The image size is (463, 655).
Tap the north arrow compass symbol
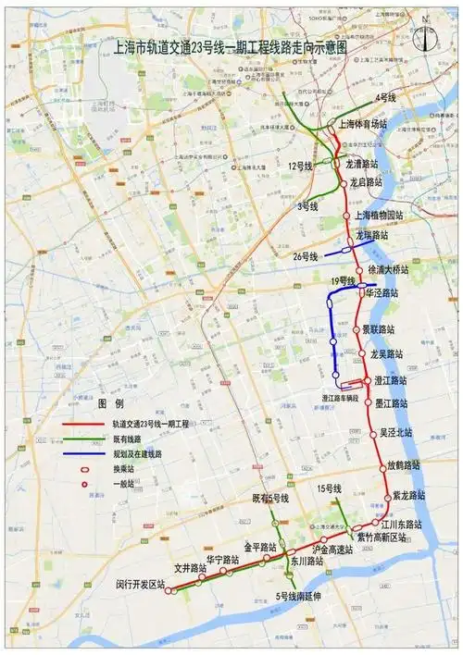tap(425, 36)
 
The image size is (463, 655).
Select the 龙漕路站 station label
tap(364, 163)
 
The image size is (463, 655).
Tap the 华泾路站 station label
tap(382, 292)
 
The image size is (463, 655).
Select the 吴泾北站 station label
tap(396, 432)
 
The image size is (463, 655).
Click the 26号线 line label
tap(305, 255)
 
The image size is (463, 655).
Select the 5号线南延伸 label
tap(297, 596)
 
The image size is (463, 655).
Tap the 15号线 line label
tap(329, 488)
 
